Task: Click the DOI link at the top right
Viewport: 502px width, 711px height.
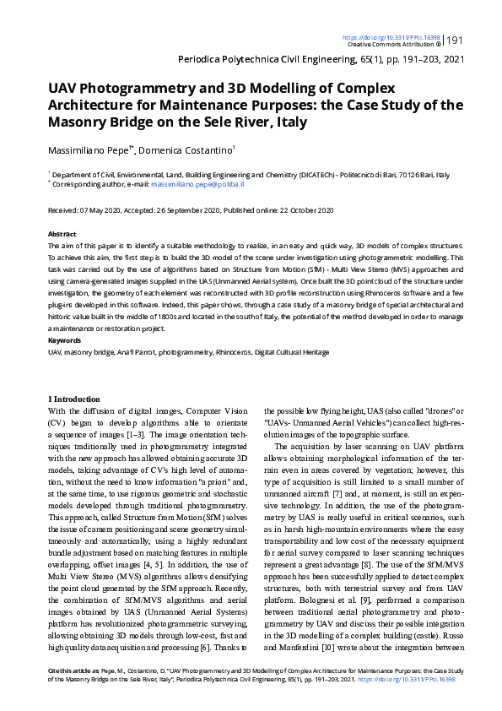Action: (x=391, y=37)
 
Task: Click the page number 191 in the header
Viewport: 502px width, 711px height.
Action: (x=454, y=41)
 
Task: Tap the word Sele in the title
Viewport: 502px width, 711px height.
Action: (x=225, y=122)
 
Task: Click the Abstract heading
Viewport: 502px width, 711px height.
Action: (x=62, y=234)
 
